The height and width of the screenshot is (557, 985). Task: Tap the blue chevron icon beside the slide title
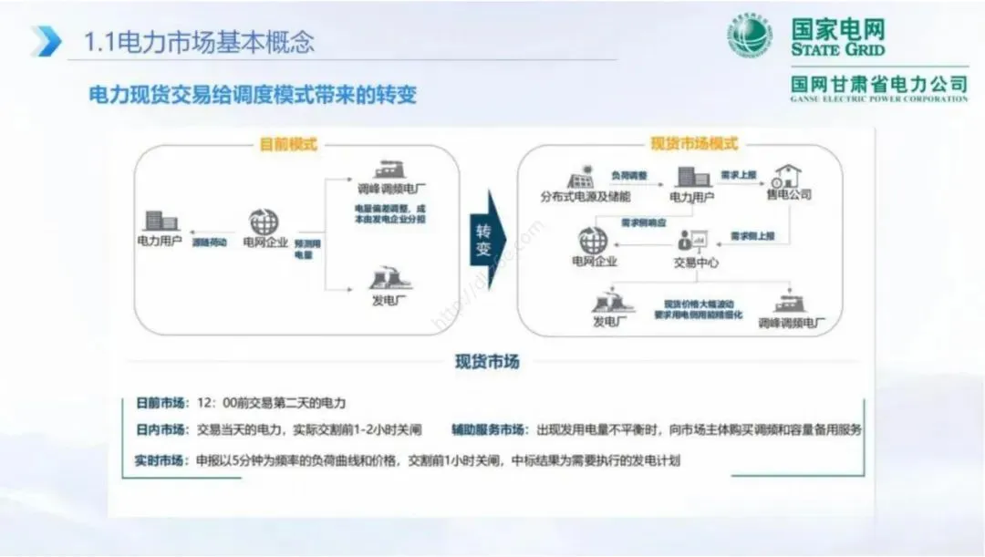[x=46, y=41]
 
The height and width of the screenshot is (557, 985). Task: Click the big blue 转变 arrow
[x=487, y=239]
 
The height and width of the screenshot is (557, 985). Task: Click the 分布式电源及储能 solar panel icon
[x=580, y=176]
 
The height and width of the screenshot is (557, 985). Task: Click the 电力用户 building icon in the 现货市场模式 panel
[x=690, y=176]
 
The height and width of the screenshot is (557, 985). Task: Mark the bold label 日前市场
[x=161, y=402]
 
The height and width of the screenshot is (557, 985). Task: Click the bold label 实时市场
[x=161, y=460]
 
